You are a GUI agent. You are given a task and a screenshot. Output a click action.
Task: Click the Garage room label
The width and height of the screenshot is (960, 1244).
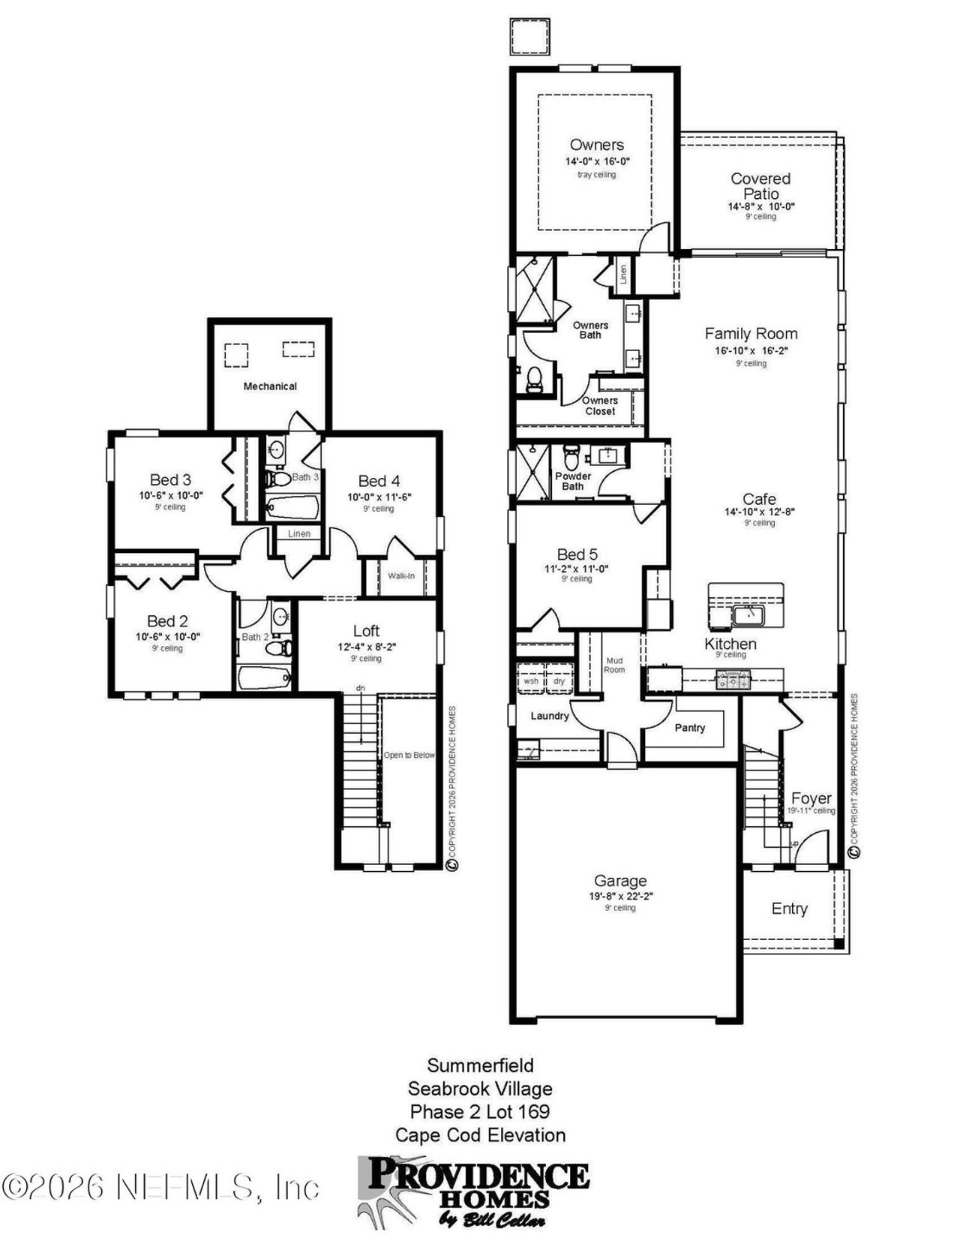[619, 881]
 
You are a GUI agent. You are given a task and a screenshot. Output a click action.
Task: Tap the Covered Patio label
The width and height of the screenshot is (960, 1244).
[760, 186]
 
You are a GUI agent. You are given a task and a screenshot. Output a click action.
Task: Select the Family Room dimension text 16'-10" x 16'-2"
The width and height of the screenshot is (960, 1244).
[751, 350]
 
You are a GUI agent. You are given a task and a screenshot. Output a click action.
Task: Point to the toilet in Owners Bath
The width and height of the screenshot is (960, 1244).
[535, 379]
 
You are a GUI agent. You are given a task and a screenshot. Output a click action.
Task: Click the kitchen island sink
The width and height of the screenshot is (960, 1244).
[748, 616]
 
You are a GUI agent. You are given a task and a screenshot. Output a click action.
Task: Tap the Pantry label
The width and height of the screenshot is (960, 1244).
[689, 728]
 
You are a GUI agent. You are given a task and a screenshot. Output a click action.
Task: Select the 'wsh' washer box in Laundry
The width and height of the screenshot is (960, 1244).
[530, 681]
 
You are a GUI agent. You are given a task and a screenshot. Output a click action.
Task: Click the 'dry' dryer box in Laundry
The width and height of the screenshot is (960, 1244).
[559, 681]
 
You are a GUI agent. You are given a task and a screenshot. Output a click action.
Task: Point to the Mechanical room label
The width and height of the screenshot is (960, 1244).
[270, 386]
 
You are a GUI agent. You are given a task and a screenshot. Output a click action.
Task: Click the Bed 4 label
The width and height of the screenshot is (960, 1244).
[379, 481]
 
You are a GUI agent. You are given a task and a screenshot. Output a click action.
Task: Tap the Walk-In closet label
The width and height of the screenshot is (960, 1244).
[400, 576]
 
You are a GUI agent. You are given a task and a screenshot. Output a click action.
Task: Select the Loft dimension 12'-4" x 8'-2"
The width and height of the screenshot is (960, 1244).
[366, 647]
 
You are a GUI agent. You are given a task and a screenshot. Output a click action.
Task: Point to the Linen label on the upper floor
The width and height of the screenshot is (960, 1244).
[299, 533]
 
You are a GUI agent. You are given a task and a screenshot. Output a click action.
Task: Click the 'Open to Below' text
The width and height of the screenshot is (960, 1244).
[409, 755]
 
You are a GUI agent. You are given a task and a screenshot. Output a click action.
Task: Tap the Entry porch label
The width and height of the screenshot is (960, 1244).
[789, 909]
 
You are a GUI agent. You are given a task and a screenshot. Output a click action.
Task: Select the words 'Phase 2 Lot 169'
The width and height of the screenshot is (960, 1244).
[480, 1111]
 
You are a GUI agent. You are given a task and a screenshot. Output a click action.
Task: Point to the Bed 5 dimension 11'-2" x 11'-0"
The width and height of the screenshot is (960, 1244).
[576, 569]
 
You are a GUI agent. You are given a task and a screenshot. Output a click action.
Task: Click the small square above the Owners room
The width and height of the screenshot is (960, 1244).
[529, 36]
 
